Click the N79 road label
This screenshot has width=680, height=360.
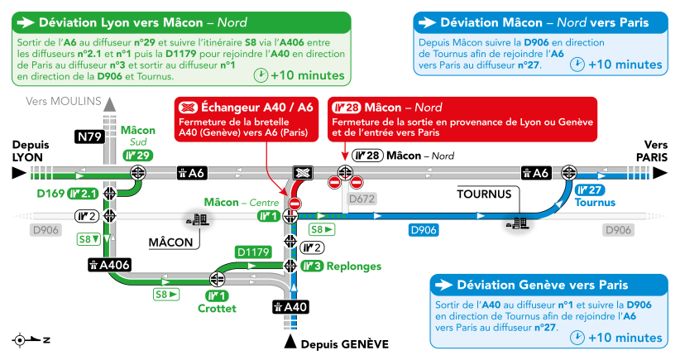90,137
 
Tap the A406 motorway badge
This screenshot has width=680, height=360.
109,265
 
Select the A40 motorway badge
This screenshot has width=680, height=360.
290,307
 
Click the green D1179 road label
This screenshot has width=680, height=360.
253,252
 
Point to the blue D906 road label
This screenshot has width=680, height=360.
424,230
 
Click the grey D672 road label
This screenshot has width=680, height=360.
362,199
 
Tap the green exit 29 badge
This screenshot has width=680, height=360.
138,156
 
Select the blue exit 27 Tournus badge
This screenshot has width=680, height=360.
590,190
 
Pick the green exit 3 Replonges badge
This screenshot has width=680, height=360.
312,266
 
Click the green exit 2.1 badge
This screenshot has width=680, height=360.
84,194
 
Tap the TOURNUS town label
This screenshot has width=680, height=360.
484,194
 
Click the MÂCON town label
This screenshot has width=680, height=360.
170,242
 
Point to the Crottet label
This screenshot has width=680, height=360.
217,309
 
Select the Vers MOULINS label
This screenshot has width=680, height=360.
64,101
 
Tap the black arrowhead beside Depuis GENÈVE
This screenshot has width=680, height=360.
290,342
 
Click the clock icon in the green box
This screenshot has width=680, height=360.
261,75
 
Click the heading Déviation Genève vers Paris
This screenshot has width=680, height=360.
542,285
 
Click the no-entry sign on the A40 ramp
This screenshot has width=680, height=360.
295,204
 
